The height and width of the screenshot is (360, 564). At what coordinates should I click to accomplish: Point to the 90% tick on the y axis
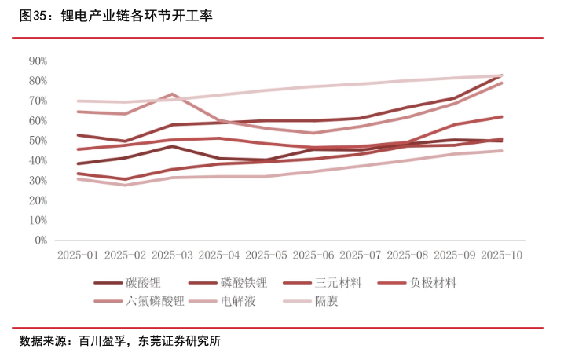[38, 61]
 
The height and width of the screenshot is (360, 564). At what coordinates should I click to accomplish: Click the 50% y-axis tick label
[38, 141]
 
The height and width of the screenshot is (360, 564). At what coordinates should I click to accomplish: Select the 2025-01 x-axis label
[78, 255]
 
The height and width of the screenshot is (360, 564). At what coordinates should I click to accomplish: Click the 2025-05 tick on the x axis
[266, 255]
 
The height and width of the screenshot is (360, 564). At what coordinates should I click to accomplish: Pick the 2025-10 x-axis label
[501, 255]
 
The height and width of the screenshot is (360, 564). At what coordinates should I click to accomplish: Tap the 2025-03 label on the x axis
[172, 255]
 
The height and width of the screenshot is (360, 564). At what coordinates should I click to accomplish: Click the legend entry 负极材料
[433, 283]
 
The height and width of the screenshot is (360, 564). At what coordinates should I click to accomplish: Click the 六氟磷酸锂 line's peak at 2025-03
[172, 94]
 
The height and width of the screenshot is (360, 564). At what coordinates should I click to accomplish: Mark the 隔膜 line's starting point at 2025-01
[78, 101]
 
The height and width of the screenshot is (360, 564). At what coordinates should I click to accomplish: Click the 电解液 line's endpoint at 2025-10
[502, 151]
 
